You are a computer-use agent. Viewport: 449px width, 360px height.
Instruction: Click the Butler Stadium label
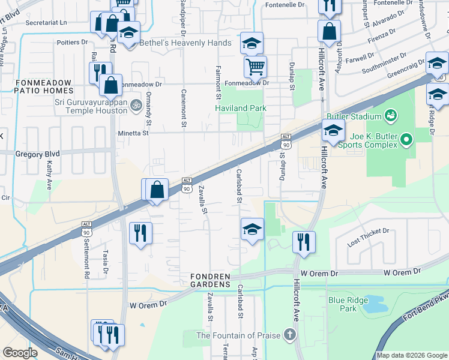click(x=354, y=116)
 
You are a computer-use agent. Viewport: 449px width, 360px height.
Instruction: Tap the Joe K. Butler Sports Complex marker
click(x=406, y=140)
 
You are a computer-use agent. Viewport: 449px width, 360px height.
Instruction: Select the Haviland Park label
click(x=241, y=108)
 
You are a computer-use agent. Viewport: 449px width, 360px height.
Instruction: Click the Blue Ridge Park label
click(x=342, y=304)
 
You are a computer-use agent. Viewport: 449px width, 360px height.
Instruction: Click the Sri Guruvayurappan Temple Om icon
click(x=136, y=103)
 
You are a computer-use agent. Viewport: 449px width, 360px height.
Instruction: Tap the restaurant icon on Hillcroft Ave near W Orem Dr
click(x=304, y=241)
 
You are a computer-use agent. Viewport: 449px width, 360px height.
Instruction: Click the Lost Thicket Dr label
click(x=368, y=230)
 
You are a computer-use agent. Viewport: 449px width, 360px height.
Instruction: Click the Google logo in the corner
click(x=20, y=353)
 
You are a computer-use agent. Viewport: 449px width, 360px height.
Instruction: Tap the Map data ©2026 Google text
click(x=412, y=355)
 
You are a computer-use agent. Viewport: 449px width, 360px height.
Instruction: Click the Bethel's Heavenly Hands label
click(x=185, y=43)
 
